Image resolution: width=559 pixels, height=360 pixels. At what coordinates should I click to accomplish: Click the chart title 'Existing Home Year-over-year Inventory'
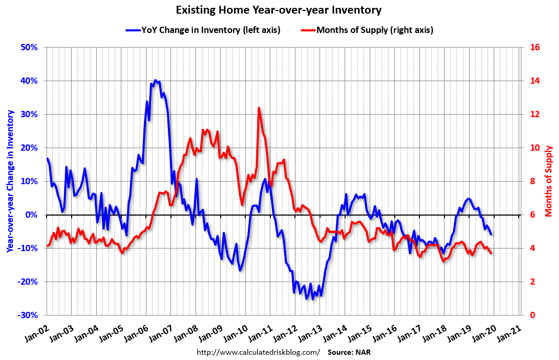coord(279,10)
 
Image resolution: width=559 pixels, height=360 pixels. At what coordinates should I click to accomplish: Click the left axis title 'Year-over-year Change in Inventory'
coord(10,181)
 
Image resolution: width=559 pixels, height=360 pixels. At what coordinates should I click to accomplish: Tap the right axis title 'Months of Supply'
coord(549,181)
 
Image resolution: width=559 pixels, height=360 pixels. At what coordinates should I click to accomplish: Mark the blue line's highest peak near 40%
coord(155,80)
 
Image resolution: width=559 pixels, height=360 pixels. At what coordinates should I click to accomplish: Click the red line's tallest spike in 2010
coord(259,108)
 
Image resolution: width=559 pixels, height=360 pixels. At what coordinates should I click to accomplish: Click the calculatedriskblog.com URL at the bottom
coord(258,352)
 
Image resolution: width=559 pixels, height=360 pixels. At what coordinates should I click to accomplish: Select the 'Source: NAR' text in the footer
coord(349,352)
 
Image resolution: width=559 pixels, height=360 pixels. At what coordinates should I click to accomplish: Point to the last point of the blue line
coord(491,234)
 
